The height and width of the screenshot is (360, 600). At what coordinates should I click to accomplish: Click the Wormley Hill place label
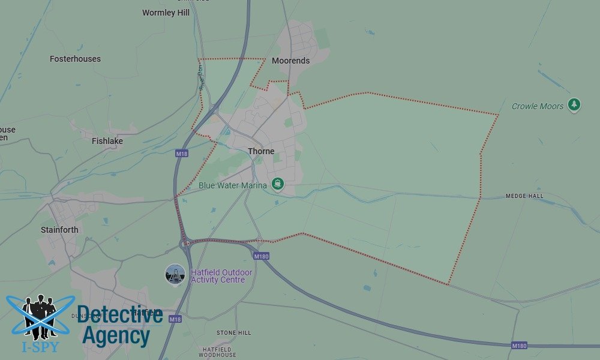pos(166,13)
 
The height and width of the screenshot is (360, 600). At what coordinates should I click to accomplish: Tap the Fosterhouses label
pos(75,59)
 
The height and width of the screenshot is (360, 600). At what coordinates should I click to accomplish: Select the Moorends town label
pos(290,61)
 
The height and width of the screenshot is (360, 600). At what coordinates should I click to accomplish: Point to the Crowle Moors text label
pos(538,106)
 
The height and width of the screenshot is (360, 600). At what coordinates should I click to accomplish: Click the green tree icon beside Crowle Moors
pos(575,106)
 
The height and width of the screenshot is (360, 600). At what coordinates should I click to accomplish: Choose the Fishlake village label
pos(107,141)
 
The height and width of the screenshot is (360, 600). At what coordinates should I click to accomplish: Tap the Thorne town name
pos(261,151)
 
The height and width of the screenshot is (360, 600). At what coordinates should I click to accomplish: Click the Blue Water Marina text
pos(233,185)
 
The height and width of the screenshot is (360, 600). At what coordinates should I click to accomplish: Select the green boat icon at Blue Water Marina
pos(277,184)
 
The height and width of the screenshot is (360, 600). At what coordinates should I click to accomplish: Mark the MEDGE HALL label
pos(524,196)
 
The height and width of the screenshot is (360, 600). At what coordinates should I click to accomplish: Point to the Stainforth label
pos(59,230)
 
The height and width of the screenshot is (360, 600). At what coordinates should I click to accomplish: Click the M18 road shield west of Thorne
pos(182,154)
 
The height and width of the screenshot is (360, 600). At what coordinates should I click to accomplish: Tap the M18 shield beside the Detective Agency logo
pos(175,319)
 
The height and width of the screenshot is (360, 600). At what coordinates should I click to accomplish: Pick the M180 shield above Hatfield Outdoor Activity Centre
pos(261,256)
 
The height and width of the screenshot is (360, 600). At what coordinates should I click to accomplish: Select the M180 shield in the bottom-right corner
pos(519,346)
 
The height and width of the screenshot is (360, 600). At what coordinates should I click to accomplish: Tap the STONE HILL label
pos(234,332)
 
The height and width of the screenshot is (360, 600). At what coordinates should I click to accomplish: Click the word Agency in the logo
pos(115,336)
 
